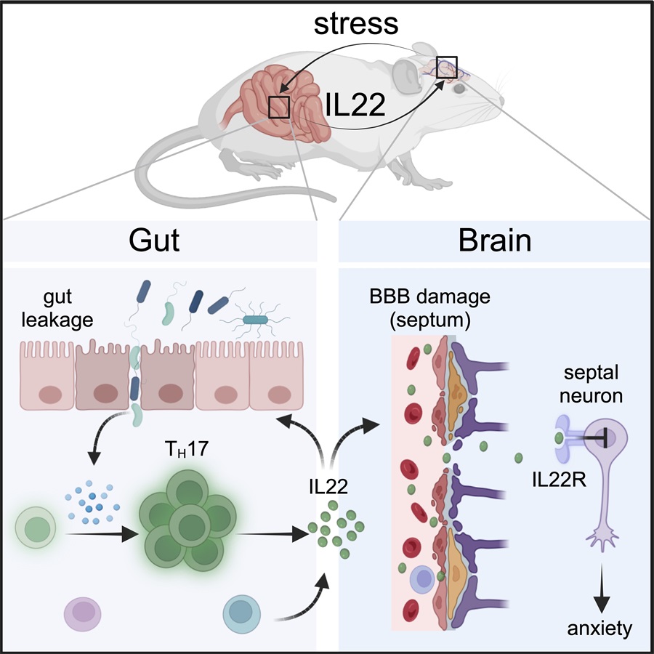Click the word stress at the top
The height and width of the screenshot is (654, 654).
(356, 24)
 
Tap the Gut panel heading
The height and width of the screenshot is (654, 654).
(154, 241)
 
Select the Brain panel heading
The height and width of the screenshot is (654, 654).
(495, 241)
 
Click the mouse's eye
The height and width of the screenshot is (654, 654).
(459, 89)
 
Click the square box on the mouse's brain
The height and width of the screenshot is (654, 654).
(447, 67)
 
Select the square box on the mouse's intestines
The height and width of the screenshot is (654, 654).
(279, 107)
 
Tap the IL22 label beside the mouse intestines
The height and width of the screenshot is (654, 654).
(355, 104)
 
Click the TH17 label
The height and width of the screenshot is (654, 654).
(187, 449)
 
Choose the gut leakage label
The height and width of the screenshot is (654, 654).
(57, 309)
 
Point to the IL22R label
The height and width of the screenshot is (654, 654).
(560, 480)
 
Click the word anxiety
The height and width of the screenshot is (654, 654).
(599, 628)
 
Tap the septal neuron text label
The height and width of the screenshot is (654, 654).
(591, 384)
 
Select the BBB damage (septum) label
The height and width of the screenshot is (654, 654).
(429, 308)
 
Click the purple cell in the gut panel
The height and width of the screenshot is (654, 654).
(83, 614)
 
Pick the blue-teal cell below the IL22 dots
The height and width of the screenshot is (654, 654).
(242, 614)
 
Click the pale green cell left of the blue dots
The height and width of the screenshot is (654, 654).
(36, 528)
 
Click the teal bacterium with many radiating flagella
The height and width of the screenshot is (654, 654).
(255, 320)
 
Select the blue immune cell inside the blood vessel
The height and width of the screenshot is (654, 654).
(423, 579)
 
